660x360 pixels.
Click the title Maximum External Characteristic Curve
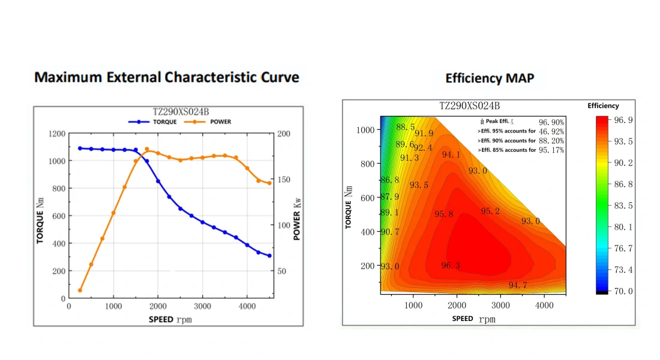point(166,77)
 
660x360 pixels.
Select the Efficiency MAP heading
point(490,78)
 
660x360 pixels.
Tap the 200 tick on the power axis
point(284,134)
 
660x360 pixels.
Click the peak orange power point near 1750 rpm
point(147,149)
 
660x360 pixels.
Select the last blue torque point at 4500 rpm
point(269,256)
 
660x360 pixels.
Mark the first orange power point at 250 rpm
point(80,290)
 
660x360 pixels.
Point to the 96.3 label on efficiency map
point(451,266)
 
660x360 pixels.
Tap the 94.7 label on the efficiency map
point(517,286)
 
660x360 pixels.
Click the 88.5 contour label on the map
point(406,127)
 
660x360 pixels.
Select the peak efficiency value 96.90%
point(551,122)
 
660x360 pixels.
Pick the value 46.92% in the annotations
point(551,131)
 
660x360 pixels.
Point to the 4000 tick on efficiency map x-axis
point(544,305)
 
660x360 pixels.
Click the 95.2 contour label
point(490,211)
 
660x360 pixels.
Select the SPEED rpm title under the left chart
point(170,319)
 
